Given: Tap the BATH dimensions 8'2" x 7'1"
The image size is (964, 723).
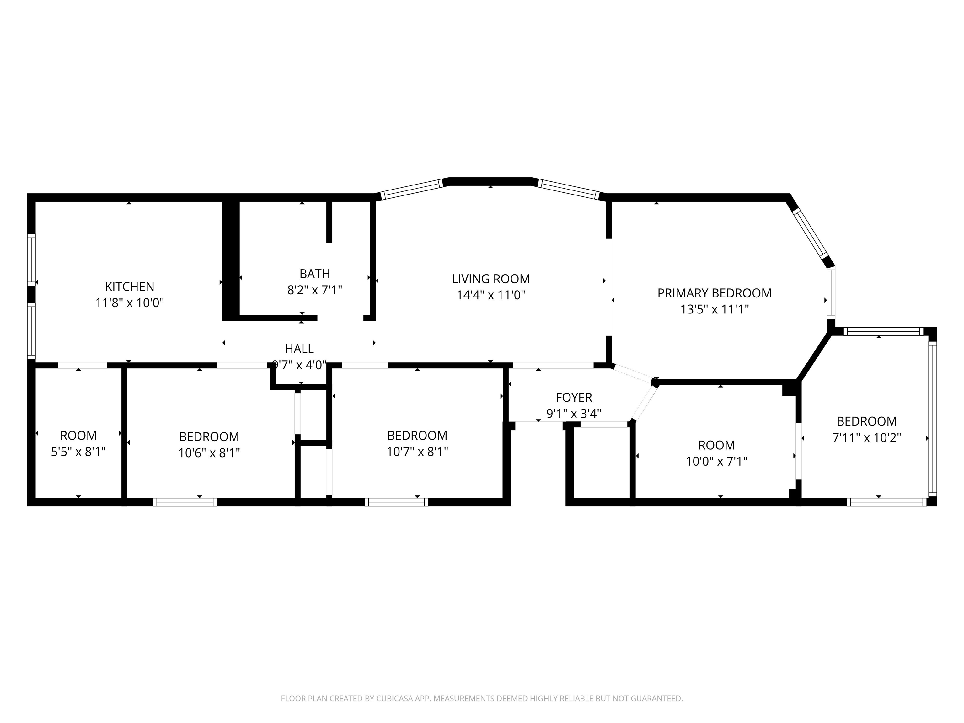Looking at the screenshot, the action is [x=315, y=290].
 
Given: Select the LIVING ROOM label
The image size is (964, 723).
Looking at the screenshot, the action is [x=491, y=279].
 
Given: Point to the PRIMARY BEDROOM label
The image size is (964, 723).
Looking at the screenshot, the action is [x=714, y=293].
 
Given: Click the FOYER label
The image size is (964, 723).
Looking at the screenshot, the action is [x=574, y=398].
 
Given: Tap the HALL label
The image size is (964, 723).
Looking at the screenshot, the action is [x=299, y=349].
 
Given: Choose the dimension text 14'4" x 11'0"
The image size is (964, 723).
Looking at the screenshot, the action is [x=491, y=295].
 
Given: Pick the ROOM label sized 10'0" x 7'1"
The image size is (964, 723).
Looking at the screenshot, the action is [x=716, y=445].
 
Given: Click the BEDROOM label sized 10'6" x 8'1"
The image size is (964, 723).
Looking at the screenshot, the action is [x=209, y=437].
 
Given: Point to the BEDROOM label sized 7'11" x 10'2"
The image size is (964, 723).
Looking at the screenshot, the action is [x=867, y=421].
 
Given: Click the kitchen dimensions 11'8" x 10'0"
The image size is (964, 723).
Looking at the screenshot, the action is [x=129, y=303].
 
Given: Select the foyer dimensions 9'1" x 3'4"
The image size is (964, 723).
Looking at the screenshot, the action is [x=574, y=414].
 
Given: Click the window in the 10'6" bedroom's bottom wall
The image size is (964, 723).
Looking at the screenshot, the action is [x=185, y=502].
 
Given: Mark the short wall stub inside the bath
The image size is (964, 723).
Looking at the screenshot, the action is [x=329, y=222].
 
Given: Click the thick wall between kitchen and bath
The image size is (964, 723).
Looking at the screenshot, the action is [x=231, y=260].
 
